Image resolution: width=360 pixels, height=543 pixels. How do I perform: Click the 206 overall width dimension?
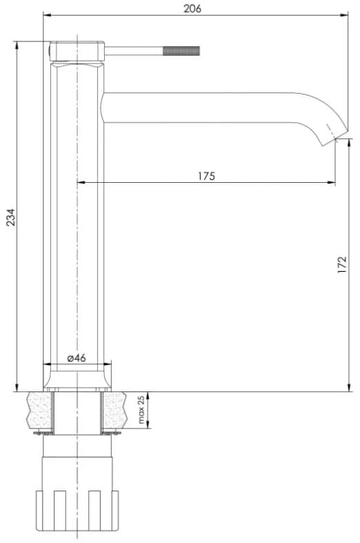192,8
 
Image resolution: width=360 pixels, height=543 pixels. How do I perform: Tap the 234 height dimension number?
11,217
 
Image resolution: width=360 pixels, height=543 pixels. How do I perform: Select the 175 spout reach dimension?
206,176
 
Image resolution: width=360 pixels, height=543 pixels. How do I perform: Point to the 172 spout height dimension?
341,265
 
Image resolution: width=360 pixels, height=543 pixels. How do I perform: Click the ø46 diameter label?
77,357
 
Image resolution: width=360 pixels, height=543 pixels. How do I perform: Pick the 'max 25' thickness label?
141,410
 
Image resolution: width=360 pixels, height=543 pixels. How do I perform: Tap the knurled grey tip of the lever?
181,51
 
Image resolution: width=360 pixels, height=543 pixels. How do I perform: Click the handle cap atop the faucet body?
77,51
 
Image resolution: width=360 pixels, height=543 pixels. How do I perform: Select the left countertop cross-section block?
39,411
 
